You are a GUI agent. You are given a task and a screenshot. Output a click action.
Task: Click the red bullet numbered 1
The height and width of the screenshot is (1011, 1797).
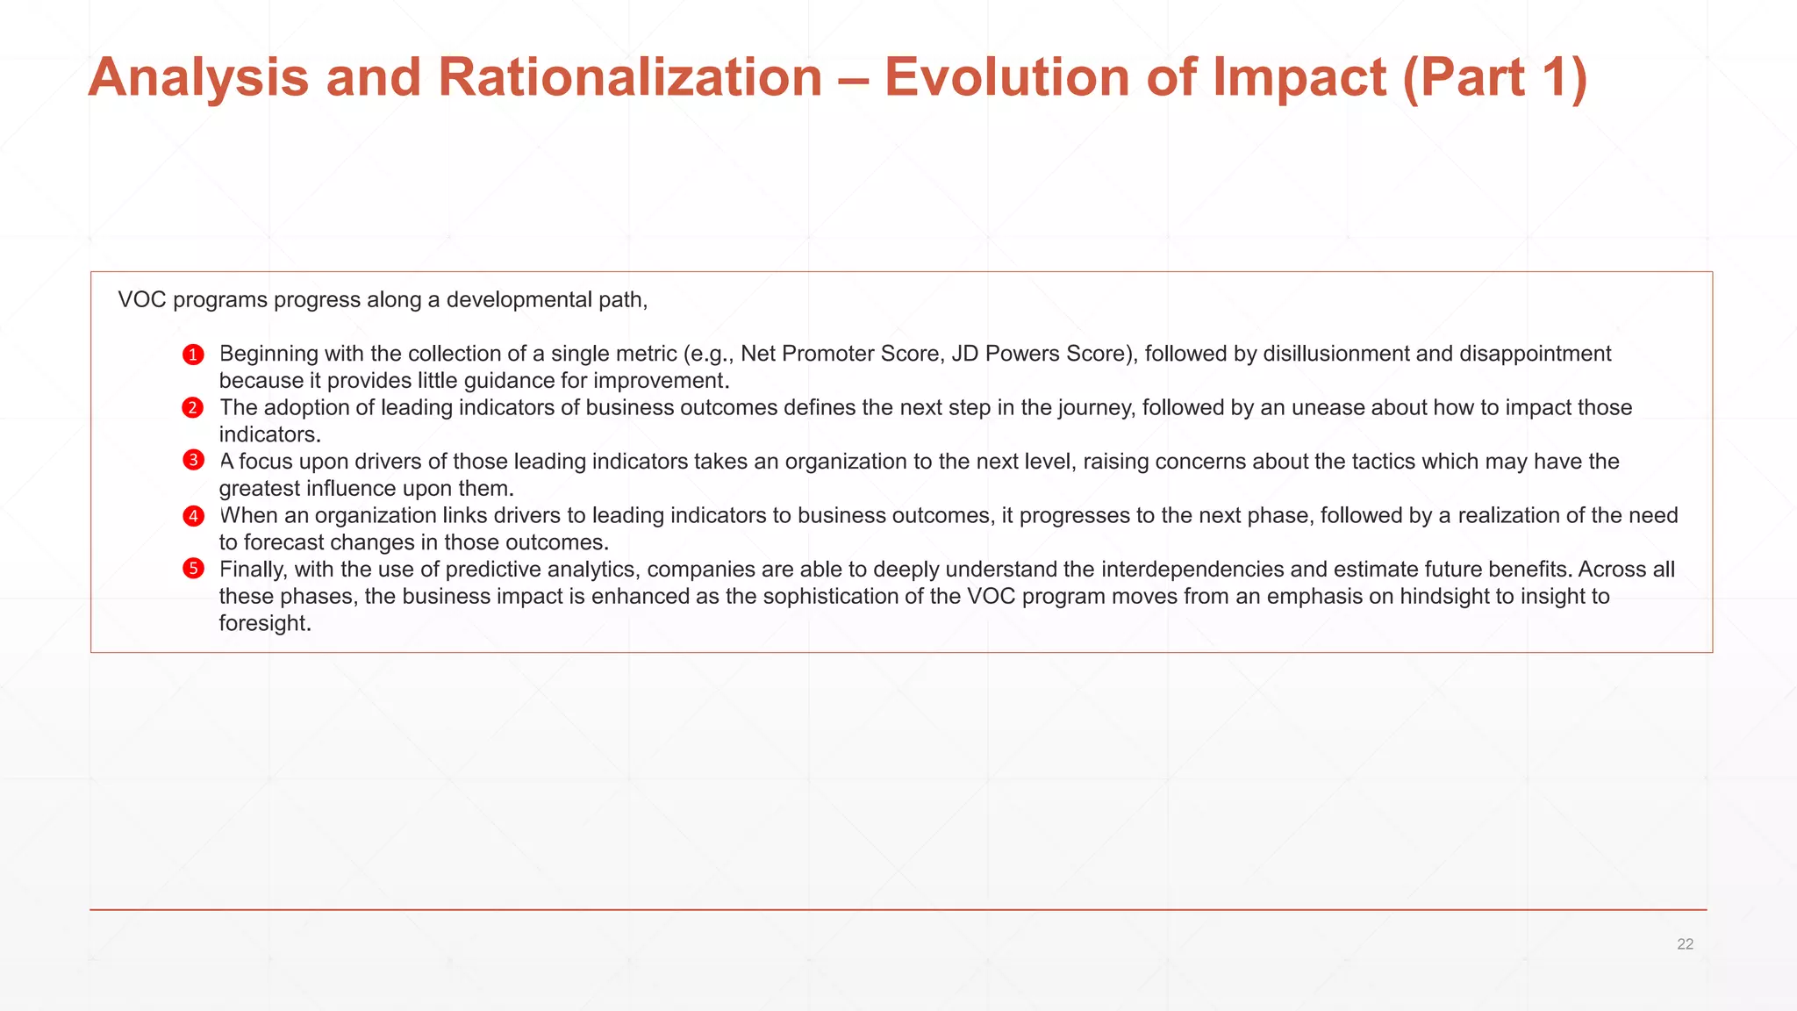coord(193,355)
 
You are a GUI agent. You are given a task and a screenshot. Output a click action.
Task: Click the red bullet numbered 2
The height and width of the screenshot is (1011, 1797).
coord(193,408)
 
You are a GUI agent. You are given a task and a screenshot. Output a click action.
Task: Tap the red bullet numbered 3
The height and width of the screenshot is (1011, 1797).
coord(193,461)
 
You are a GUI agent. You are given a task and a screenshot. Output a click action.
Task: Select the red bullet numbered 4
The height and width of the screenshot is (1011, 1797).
coord(193,515)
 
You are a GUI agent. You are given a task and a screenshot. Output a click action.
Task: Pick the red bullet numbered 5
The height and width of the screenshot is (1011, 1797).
coord(193,569)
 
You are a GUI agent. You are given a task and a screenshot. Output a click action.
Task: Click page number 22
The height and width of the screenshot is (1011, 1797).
coord(1685,944)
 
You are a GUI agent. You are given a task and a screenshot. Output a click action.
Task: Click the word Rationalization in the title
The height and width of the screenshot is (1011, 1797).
coord(629,77)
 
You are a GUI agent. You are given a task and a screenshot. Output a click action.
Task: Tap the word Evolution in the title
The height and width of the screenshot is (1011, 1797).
coord(1006,77)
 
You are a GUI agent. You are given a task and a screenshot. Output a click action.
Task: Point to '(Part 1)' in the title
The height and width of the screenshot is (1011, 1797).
coord(1495,77)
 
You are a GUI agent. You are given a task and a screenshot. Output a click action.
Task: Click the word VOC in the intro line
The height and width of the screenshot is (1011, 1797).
coord(141,300)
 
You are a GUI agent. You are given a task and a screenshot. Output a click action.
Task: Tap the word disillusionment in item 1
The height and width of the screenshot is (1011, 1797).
coord(1335,354)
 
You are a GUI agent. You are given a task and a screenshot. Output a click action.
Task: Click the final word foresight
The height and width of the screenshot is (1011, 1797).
coord(263,624)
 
